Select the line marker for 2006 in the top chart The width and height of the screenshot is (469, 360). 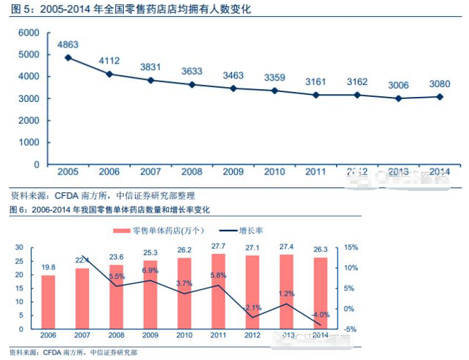coord(110,74)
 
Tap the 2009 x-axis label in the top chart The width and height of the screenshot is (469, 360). coord(233,171)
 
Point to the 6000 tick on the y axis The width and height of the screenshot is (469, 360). coord(28,33)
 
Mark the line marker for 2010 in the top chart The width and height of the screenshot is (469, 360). coord(274,91)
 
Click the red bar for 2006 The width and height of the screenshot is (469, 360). coord(48,302)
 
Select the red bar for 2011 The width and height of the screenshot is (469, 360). coord(219,291)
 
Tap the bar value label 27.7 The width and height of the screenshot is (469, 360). coord(219,245)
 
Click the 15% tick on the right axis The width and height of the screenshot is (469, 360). coord(352,248)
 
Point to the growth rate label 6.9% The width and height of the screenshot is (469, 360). coord(151,271)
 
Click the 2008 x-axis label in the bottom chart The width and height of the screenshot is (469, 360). coord(116,335)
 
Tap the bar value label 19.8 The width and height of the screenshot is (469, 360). coord(48,267)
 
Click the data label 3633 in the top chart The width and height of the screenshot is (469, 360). coord(192,71)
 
